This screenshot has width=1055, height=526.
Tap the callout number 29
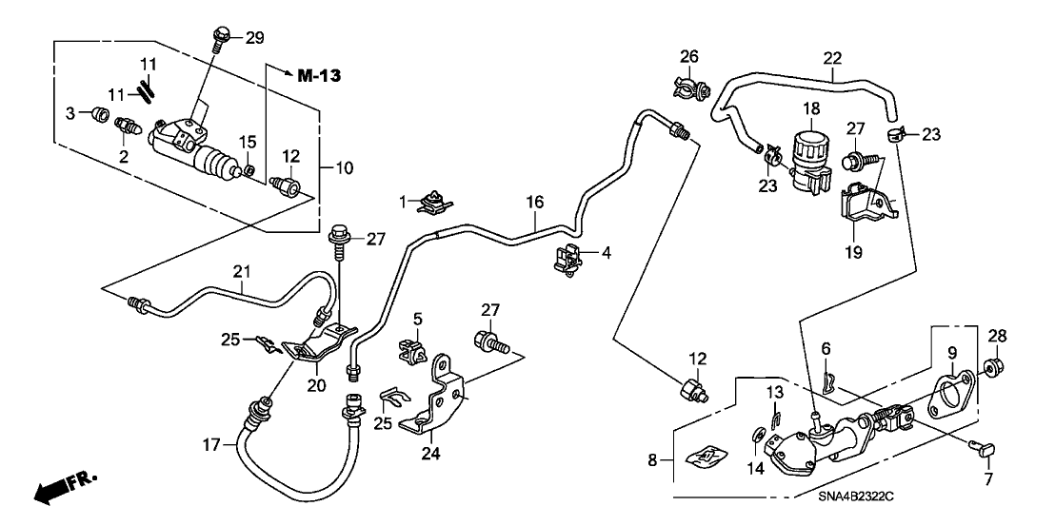pos(254,37)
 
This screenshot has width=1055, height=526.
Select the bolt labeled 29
pos(220,40)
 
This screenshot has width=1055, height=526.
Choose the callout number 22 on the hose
pos(832,58)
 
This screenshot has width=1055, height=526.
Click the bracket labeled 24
pos(437,399)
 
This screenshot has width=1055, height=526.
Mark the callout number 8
pos(652,460)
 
